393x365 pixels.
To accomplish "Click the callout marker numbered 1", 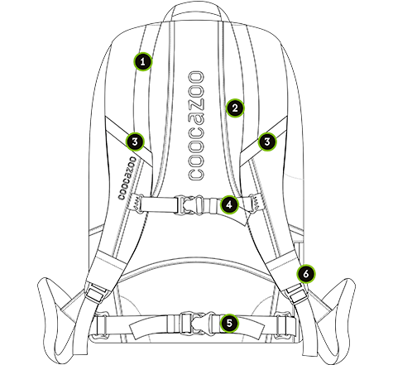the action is [142, 61].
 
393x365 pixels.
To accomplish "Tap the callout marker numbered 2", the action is [235, 108].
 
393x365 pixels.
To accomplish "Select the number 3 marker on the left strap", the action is [135, 142].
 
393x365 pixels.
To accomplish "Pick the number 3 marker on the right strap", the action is [267, 142].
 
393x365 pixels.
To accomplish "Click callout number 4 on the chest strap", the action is [229, 204].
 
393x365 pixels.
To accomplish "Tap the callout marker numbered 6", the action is [306, 274].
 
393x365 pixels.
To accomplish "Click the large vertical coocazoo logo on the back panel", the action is [196, 126].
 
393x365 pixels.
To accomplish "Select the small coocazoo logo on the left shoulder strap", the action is [127, 178].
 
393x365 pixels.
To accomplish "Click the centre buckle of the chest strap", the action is [191, 204].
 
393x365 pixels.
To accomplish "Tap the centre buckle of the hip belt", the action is [197, 323].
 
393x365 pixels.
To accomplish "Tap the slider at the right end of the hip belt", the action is [285, 325].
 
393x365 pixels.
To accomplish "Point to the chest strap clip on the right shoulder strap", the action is [255, 204].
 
